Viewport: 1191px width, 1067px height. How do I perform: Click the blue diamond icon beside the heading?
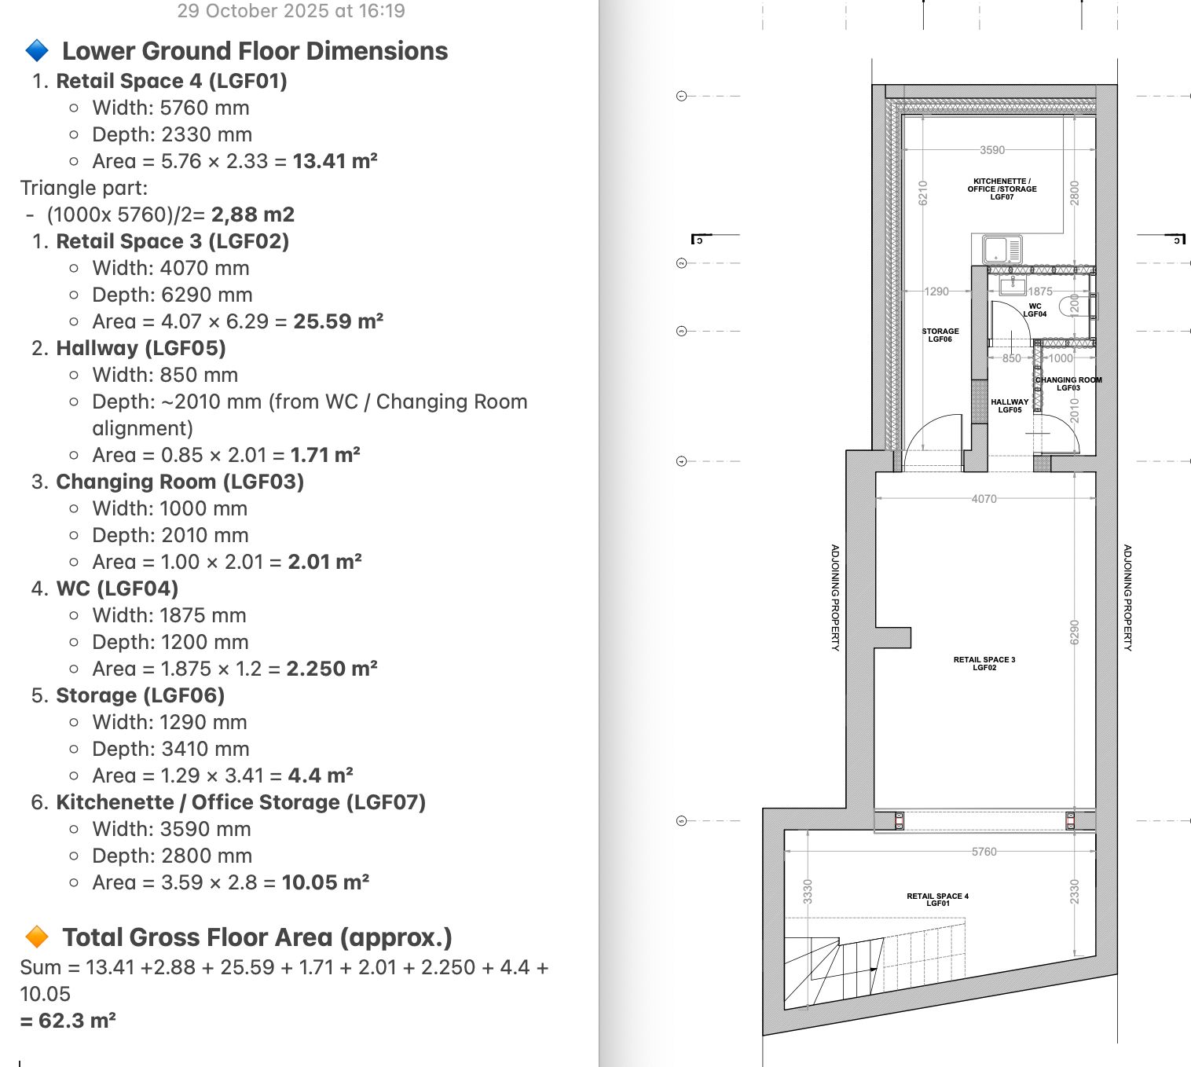37,50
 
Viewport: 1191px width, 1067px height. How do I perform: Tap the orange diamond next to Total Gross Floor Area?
37,937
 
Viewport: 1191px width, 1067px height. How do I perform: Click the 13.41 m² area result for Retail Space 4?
335,161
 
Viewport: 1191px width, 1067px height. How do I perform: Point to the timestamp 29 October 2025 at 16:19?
291,10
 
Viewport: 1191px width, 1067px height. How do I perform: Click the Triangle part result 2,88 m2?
253,214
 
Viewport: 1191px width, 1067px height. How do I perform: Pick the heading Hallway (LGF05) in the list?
141,348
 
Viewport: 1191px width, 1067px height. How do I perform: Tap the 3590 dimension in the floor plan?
992,150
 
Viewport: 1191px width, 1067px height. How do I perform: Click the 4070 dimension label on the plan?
984,498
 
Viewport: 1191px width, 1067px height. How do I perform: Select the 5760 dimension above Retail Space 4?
984,851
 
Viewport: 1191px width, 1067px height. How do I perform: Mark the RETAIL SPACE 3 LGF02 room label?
984,663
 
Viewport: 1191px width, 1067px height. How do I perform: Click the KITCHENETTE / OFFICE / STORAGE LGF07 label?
1002,189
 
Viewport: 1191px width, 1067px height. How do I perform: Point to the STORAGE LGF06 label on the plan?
940,335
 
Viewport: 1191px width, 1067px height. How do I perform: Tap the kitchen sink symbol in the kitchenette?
1002,249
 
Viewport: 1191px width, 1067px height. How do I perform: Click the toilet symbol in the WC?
1071,306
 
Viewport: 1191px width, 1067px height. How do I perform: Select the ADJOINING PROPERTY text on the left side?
835,597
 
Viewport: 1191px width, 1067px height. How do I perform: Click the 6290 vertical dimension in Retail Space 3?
1075,632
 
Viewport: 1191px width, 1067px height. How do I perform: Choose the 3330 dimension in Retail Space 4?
808,892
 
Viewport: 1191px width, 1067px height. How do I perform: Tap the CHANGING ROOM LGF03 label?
1068,384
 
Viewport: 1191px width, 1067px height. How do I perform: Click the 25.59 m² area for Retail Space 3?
339,321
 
